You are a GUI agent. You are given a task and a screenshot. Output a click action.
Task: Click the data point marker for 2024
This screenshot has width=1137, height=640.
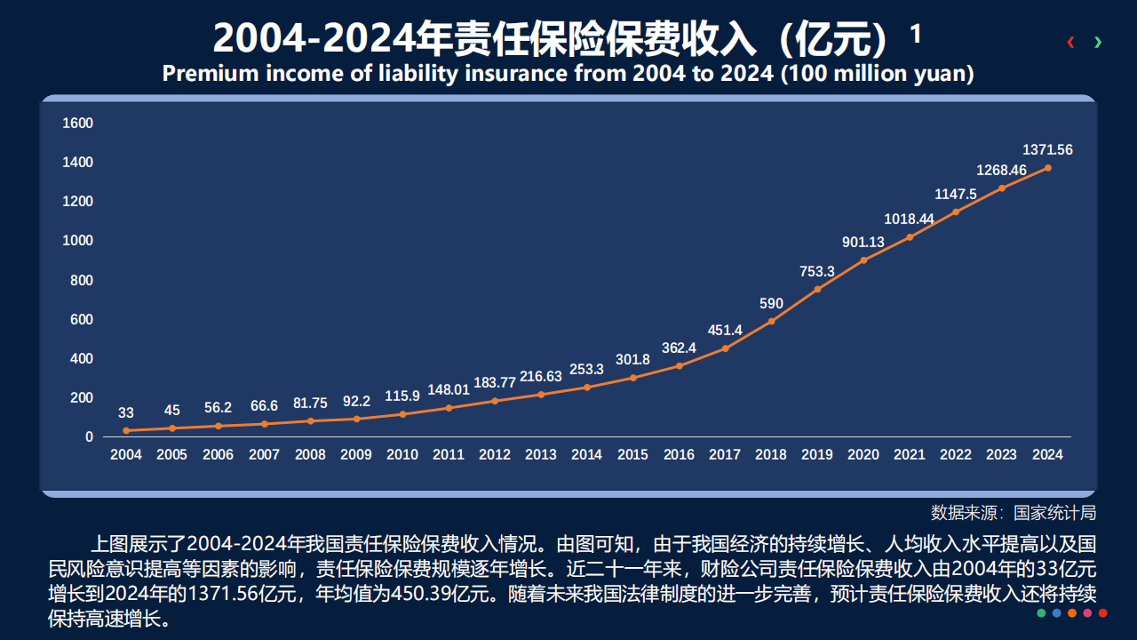tap(1047, 168)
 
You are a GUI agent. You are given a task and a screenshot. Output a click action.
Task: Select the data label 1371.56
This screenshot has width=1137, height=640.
tap(1047, 150)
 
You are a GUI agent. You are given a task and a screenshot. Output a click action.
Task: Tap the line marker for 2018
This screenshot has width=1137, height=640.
tap(771, 321)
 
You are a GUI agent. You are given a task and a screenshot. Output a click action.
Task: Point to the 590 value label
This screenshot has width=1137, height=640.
tap(771, 304)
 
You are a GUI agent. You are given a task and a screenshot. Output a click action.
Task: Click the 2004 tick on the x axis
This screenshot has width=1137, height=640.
tap(126, 455)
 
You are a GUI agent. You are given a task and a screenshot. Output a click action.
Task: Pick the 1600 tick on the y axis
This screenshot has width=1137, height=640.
tap(77, 123)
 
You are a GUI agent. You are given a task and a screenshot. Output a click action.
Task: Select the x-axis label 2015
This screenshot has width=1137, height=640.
tap(632, 455)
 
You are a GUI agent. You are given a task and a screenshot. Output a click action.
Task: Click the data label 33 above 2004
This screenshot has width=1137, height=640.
tap(126, 413)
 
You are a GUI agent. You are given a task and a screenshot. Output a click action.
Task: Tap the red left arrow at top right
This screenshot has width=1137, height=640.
tap(1071, 42)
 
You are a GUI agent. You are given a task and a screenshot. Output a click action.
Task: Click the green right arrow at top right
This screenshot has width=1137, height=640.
tap(1099, 42)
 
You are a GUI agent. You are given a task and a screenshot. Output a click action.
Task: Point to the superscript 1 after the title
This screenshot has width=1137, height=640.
tap(916, 34)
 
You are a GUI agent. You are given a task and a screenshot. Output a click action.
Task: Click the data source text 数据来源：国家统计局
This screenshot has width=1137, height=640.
tap(1013, 513)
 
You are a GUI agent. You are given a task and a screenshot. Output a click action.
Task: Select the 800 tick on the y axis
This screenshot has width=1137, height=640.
tap(81, 281)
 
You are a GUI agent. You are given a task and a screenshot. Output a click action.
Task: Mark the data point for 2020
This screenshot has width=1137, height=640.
tap(863, 260)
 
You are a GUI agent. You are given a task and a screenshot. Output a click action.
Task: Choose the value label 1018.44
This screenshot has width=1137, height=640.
tap(909, 220)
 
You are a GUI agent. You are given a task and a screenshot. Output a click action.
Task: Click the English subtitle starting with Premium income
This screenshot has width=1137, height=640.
tap(568, 74)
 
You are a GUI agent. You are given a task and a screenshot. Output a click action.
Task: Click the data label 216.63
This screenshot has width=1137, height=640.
tap(541, 377)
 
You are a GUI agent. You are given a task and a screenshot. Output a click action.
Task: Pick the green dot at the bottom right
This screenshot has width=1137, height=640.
tap(1041, 613)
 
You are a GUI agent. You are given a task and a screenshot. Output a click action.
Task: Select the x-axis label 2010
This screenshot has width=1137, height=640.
tap(402, 455)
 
